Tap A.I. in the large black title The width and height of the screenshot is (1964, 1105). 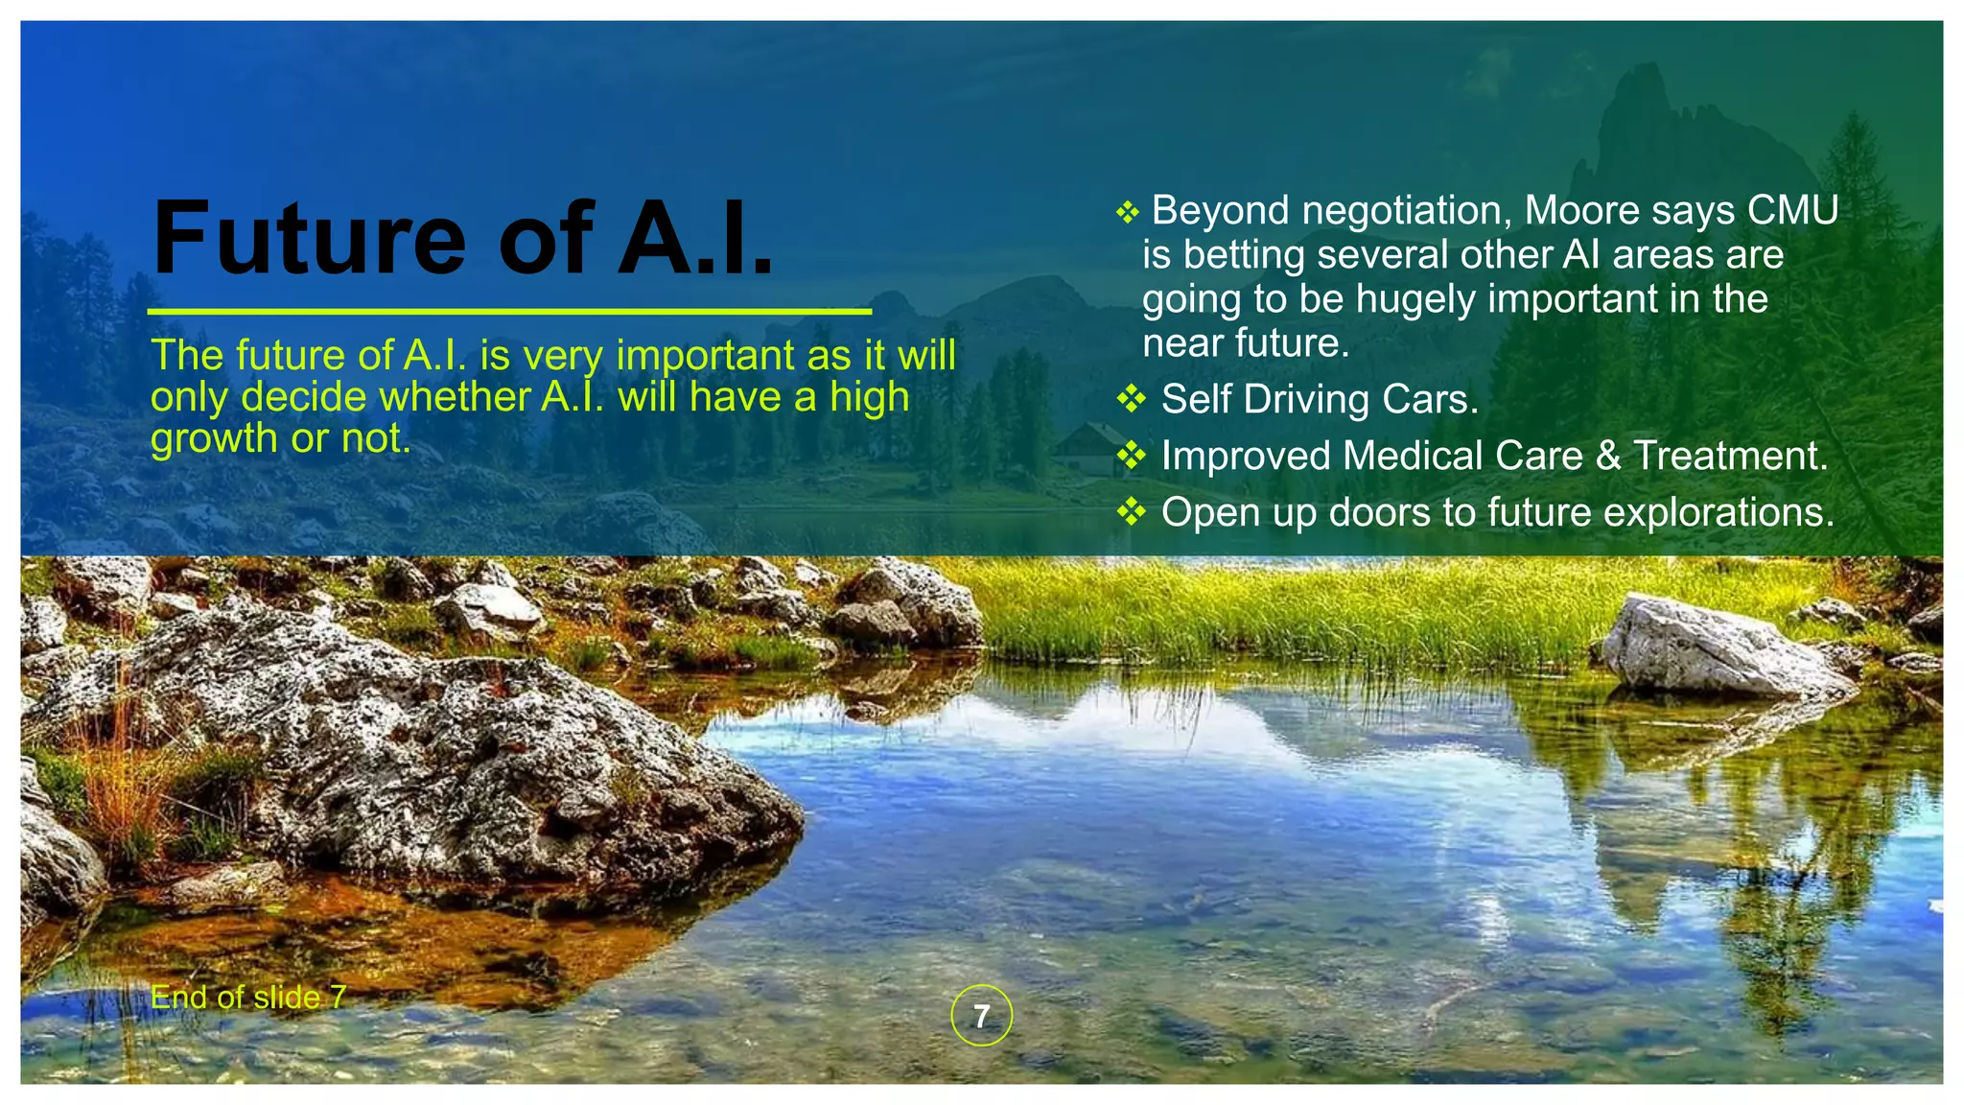pyautogui.click(x=695, y=238)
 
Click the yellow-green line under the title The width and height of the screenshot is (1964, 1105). pyautogui.click(x=509, y=312)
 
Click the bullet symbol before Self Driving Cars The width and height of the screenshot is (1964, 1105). pyautogui.click(x=1132, y=398)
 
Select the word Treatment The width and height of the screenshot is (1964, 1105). pyautogui.click(x=1730, y=456)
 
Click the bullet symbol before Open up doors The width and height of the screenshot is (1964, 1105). pyautogui.click(x=1132, y=511)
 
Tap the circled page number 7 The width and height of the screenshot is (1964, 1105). pyautogui.click(x=981, y=1015)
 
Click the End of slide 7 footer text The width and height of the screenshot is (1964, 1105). pyautogui.click(x=248, y=998)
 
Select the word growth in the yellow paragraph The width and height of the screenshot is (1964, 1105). pyautogui.click(x=214, y=439)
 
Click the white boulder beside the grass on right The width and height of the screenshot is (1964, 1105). pyautogui.click(x=1717, y=647)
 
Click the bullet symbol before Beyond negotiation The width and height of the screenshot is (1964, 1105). pyautogui.click(x=1128, y=212)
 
